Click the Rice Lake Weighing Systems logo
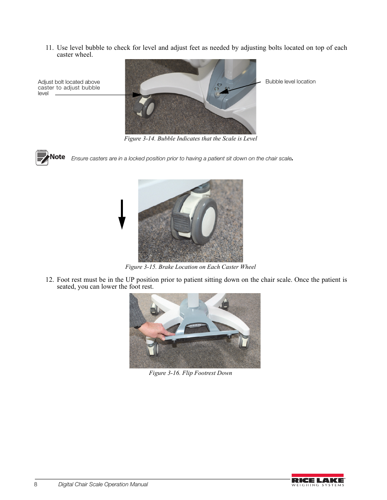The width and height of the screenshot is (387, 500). coord(318,480)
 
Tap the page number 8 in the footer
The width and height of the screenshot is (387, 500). coord(36,484)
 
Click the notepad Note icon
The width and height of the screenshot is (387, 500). coord(42,157)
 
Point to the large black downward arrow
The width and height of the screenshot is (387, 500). coord(122,214)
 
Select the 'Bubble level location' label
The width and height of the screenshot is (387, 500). coord(290,81)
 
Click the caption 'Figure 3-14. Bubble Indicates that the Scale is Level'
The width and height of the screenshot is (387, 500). coord(190,138)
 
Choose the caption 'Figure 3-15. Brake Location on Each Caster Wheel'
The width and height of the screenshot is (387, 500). coord(190,267)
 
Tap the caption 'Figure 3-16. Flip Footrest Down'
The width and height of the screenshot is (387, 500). coord(190,373)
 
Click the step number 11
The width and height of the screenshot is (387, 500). coord(49,48)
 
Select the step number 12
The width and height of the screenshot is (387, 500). coord(49,280)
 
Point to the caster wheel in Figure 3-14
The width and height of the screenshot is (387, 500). coord(145,107)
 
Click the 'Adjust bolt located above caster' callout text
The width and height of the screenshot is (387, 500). coord(69,87)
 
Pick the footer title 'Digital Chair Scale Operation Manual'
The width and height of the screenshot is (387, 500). coord(103,484)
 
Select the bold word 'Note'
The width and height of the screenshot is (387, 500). coord(57,157)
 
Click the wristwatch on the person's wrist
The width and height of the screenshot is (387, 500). coord(138,326)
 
